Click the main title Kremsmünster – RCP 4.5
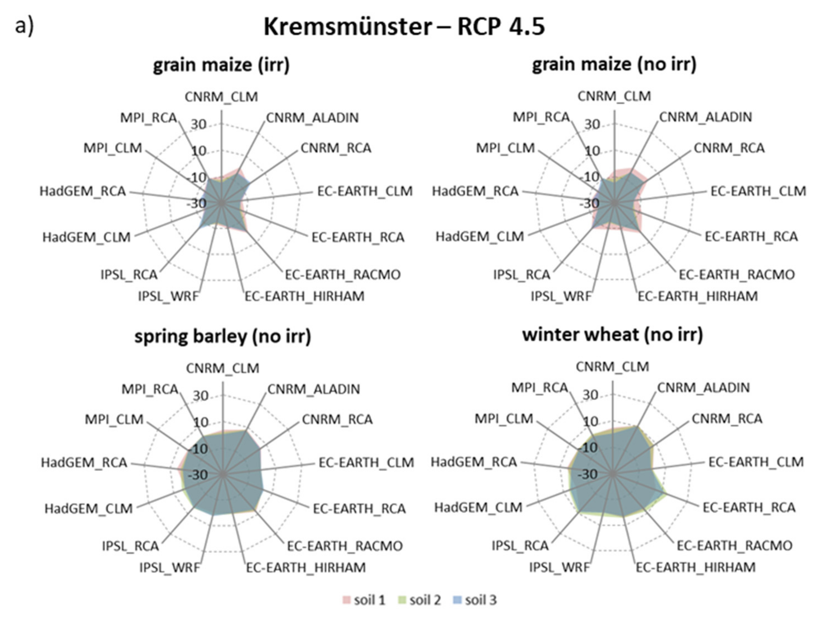[x=404, y=27]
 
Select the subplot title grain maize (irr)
[x=221, y=65]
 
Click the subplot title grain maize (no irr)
[x=614, y=64]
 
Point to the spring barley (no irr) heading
[x=223, y=337]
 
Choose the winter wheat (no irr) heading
[x=612, y=335]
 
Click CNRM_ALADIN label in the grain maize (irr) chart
[x=313, y=118]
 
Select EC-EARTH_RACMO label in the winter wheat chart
[x=734, y=545]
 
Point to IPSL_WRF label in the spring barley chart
[x=169, y=567]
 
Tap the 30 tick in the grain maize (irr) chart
[x=199, y=125]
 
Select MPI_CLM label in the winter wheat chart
[x=504, y=419]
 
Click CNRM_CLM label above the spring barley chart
[x=222, y=368]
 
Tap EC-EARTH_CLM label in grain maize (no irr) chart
[x=758, y=191]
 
